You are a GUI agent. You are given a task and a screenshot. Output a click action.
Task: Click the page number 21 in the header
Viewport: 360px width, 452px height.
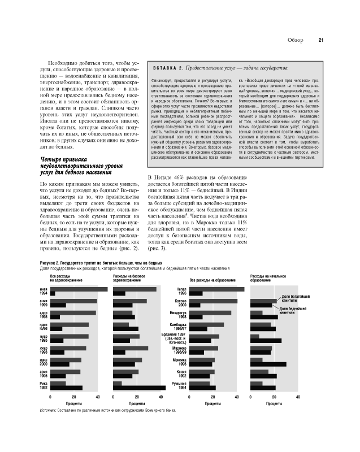[x=320, y=40]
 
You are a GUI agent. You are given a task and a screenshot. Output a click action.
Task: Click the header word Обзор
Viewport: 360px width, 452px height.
[x=296, y=40]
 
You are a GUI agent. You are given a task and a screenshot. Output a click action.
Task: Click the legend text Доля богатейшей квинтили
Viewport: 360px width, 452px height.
[x=292, y=298]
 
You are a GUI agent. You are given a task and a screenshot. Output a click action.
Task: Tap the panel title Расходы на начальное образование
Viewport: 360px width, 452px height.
[x=267, y=278]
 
